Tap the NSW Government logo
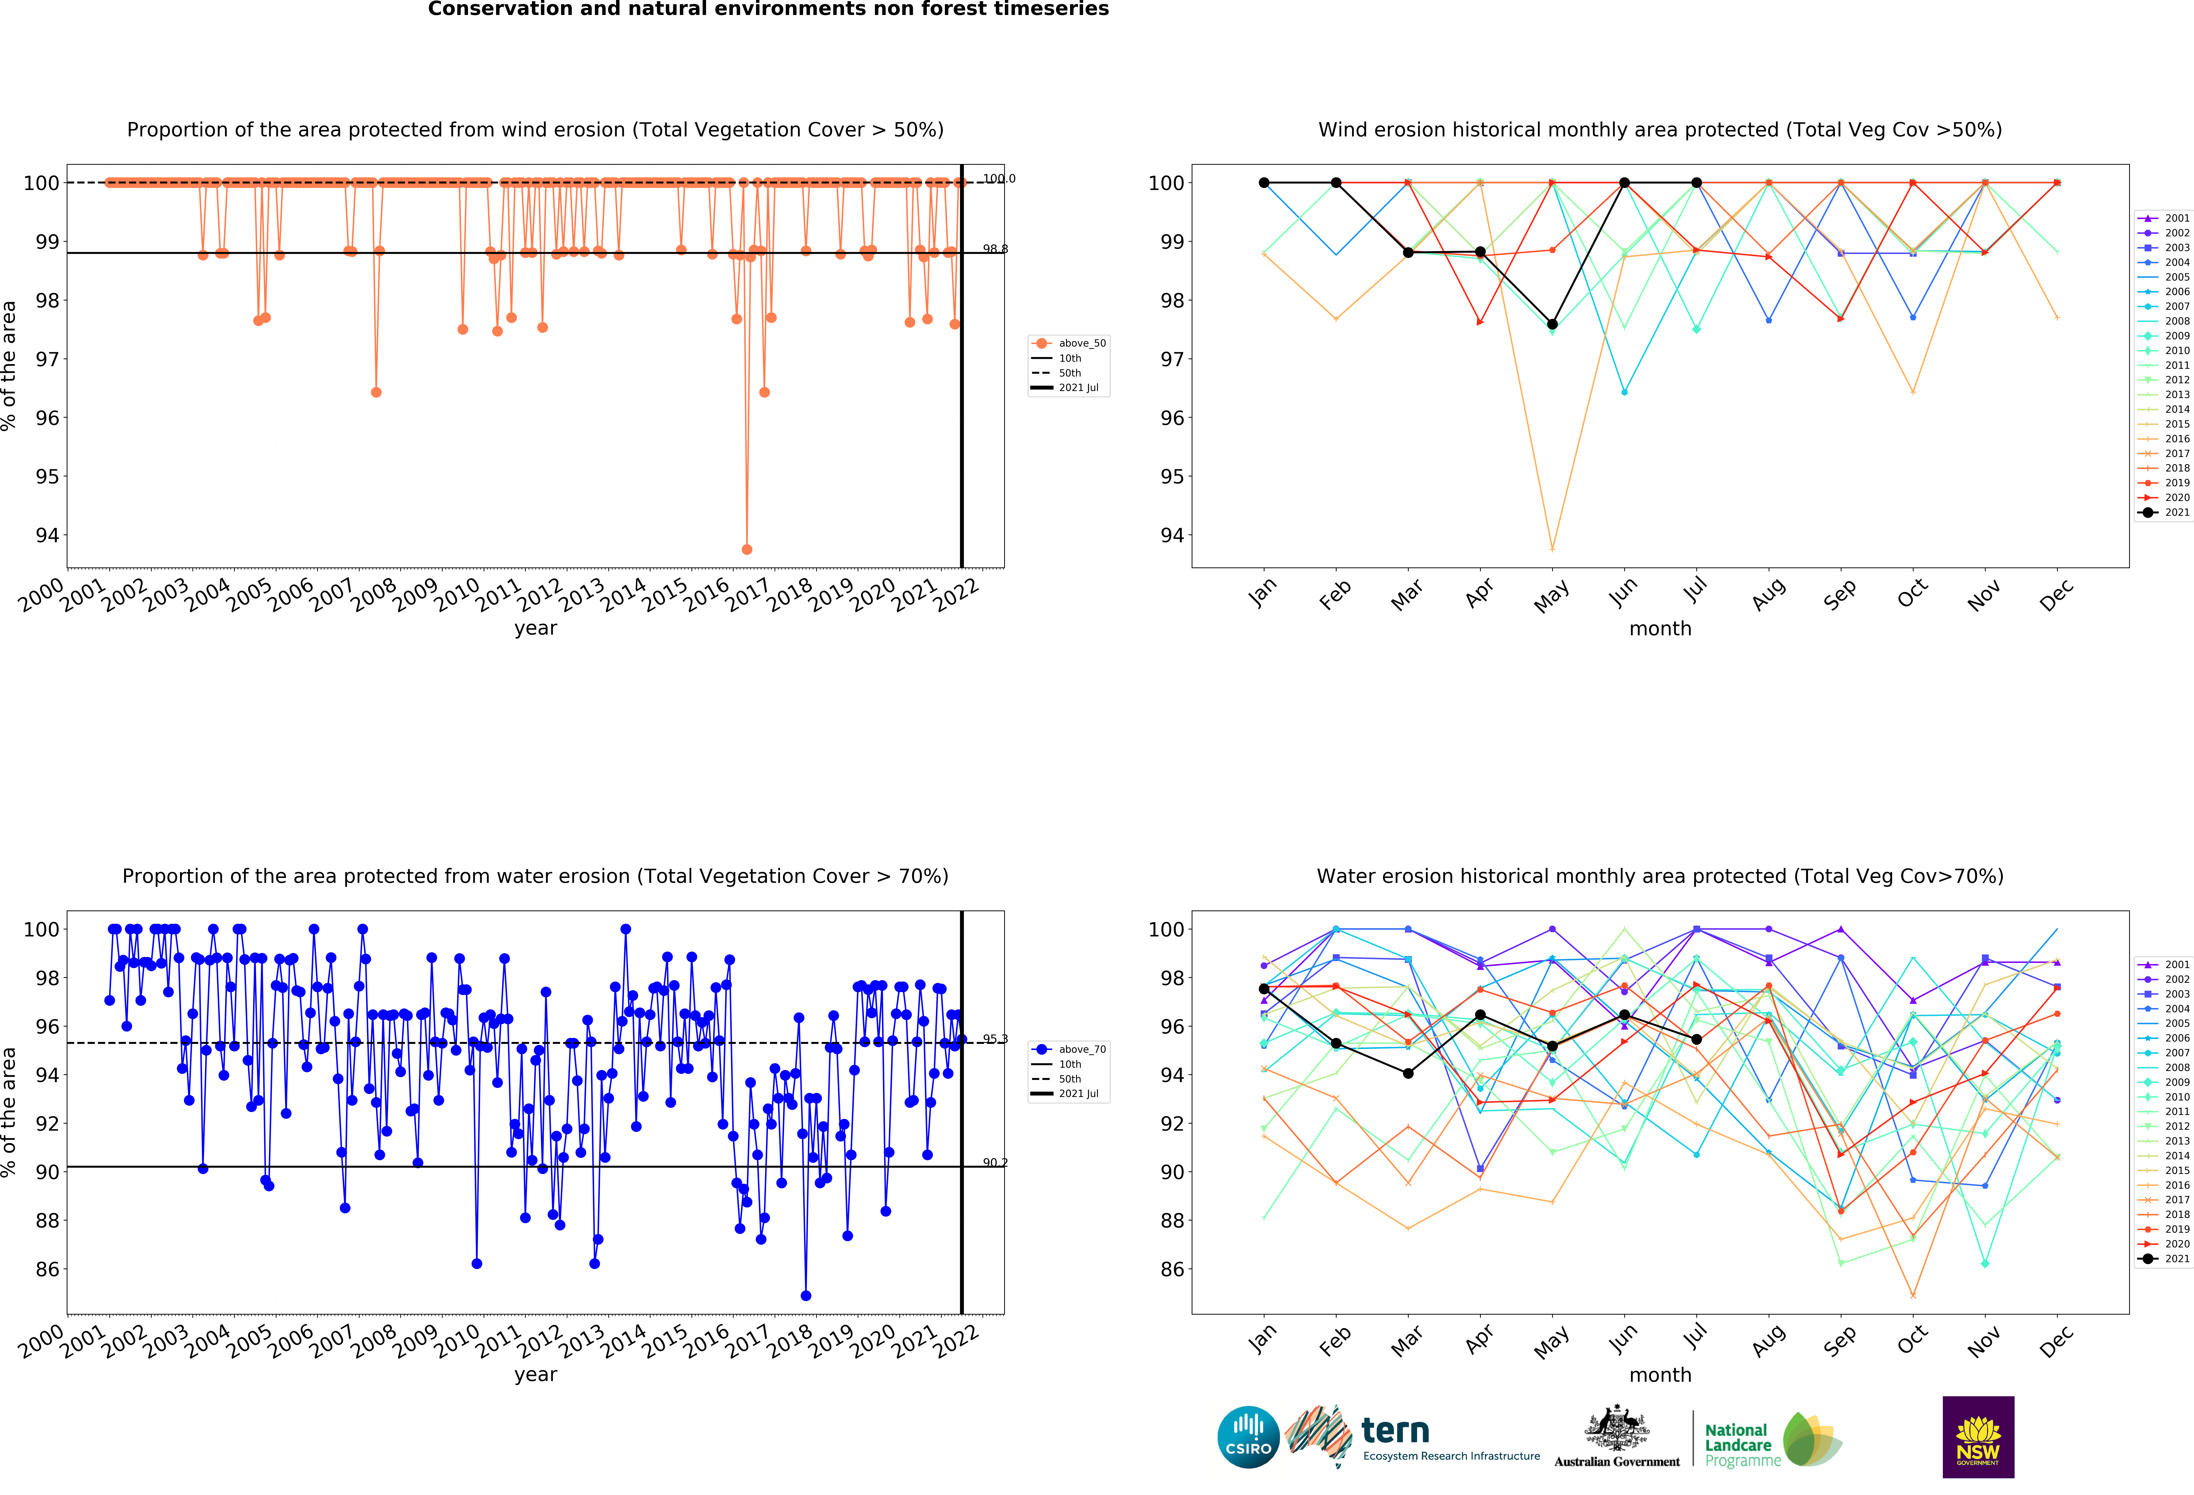point(1978,1437)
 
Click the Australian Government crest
point(1617,1430)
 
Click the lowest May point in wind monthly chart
point(1552,548)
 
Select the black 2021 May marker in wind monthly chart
point(1552,324)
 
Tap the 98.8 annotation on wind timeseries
point(995,249)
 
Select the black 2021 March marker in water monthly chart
point(1408,1073)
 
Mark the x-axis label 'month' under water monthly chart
point(1660,1374)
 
